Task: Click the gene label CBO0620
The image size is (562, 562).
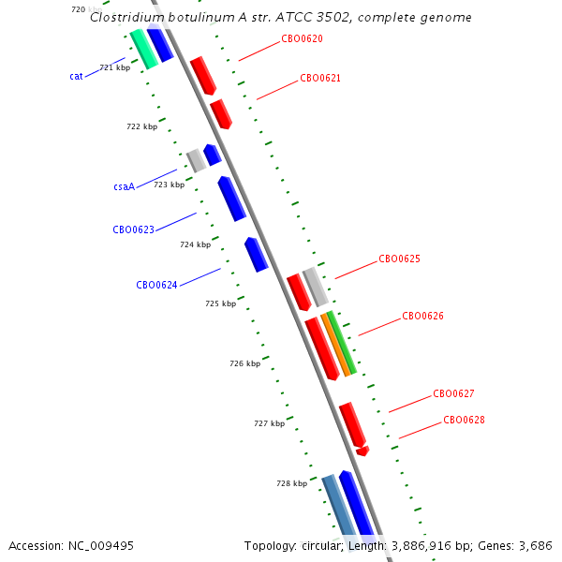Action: [302, 38]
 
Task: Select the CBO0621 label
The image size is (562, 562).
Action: [320, 78]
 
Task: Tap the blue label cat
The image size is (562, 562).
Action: [76, 77]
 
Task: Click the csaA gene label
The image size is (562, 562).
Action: [124, 186]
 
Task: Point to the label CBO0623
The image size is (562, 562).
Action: [133, 229]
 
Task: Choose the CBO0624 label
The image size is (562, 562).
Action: [156, 285]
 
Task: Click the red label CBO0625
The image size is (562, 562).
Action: [399, 259]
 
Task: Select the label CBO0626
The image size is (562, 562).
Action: [422, 316]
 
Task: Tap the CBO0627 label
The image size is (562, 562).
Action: [453, 393]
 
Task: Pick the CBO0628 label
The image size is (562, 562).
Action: [464, 420]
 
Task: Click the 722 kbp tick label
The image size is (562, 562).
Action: [142, 126]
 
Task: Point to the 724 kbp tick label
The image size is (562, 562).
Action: [196, 244]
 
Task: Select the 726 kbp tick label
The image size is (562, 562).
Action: [244, 363]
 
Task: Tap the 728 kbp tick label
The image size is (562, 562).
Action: [291, 483]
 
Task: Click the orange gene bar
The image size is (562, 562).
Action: [336, 345]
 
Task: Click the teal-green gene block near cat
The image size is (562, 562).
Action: [143, 49]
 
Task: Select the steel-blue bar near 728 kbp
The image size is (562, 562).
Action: [339, 509]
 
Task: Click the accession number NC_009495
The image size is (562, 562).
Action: [101, 546]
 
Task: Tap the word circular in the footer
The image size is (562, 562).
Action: [322, 546]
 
